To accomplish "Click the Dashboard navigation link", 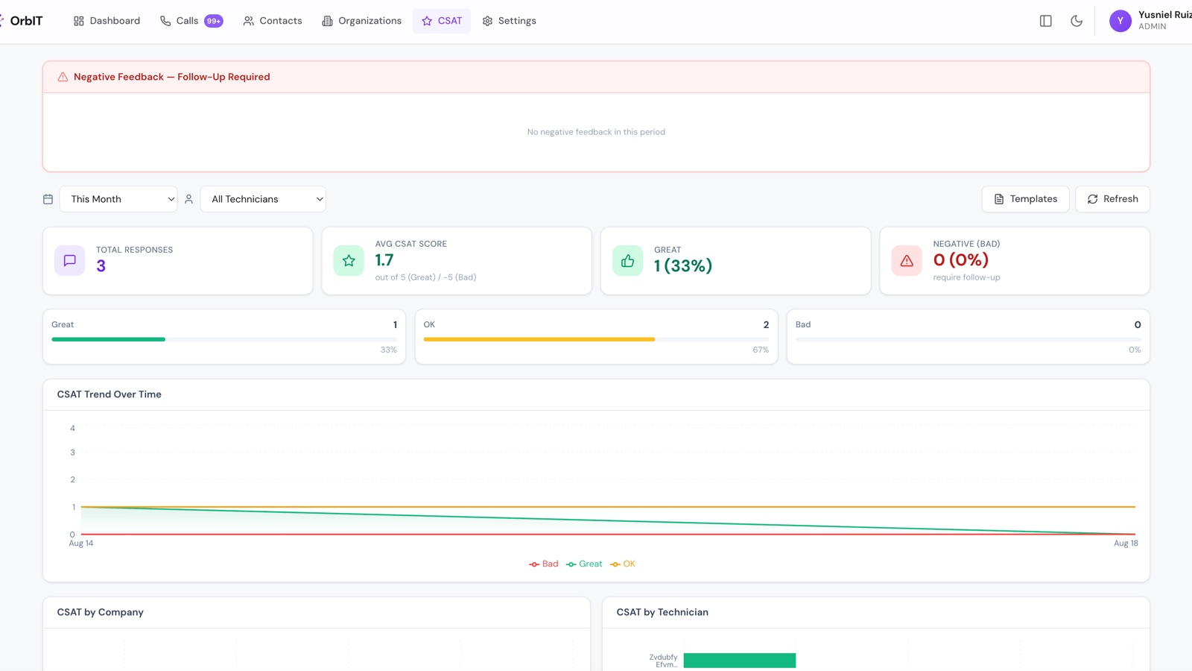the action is tap(107, 21).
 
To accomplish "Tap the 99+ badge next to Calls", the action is tap(213, 21).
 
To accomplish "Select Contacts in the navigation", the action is tap(273, 21).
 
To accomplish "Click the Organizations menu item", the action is tap(362, 21).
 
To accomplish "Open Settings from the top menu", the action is tap(510, 21).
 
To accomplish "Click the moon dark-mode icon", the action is tap(1077, 21).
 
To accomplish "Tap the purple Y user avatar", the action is tap(1120, 21).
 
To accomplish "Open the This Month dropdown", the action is tap(118, 199).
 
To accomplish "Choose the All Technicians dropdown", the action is tap(263, 199).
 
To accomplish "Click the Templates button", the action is tap(1025, 199).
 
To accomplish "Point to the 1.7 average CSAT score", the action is tap(384, 260).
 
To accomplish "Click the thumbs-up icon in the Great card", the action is tap(627, 260).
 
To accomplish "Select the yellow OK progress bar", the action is tap(539, 339).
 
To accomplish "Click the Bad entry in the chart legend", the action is tap(543, 564).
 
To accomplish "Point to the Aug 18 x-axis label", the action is tap(1126, 544).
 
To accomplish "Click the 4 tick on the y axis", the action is tap(72, 428).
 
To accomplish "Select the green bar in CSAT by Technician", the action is tap(740, 661).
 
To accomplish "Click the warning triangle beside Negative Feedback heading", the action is tap(63, 77).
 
